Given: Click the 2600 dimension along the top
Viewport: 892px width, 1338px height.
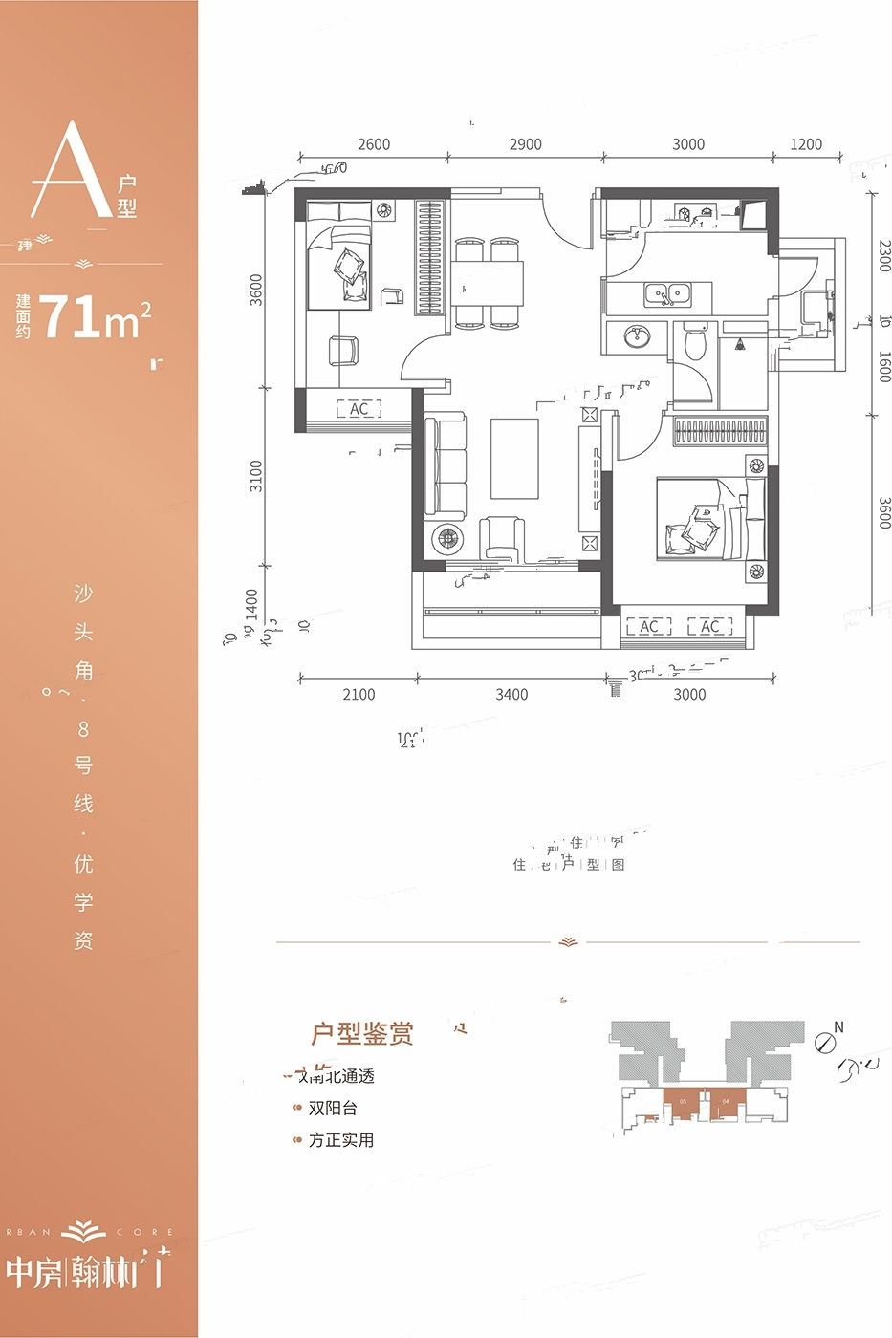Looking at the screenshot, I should tap(374, 144).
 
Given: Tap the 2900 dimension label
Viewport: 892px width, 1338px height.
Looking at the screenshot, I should tap(525, 144).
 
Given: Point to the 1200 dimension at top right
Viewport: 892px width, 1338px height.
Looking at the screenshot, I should tap(806, 144).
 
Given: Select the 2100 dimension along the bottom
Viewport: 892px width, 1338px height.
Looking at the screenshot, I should tap(359, 695).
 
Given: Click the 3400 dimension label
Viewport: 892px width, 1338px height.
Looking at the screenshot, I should tap(511, 695).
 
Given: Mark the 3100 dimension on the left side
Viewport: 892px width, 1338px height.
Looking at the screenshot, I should tap(255, 476).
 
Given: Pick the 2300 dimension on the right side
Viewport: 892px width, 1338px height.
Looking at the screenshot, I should tap(883, 255).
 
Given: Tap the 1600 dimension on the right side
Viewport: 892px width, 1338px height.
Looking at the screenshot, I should tap(883, 367).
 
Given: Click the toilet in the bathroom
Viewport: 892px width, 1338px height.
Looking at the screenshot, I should tap(695, 342).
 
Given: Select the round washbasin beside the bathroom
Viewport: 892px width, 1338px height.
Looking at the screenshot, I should tap(636, 336).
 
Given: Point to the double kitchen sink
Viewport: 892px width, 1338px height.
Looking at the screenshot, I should tap(668, 293).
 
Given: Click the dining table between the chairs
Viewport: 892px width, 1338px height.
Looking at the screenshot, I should tap(490, 283).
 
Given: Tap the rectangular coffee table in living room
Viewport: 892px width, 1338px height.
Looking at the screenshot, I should tap(515, 458).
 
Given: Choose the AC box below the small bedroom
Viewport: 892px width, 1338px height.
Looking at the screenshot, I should tap(359, 409).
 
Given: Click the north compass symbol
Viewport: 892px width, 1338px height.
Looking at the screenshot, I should tap(826, 1041).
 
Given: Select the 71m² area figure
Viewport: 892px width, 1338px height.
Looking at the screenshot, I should tap(96, 317).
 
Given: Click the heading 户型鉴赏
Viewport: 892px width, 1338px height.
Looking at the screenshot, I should tap(362, 1034).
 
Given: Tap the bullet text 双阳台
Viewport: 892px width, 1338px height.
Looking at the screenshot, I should tap(333, 1109).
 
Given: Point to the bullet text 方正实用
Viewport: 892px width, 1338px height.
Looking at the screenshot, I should tap(340, 1140).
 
